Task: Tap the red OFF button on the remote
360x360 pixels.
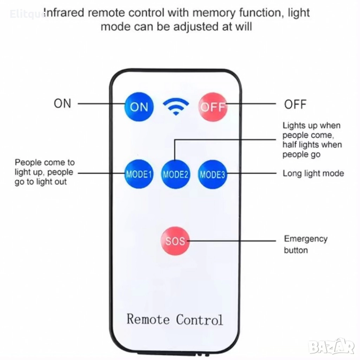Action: pos(213,106)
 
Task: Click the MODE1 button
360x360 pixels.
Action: pos(139,174)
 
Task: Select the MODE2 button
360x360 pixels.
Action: pos(175,174)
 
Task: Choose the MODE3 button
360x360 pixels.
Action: pos(212,174)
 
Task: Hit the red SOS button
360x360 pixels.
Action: pos(175,241)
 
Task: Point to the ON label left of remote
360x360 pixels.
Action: pos(62,104)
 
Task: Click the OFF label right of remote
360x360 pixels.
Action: pos(295,104)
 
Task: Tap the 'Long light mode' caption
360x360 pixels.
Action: pos(313,173)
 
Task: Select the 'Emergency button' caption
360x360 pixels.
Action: pos(305,244)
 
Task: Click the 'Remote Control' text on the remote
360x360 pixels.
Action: pos(175,320)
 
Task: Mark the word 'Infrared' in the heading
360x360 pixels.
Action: pos(64,12)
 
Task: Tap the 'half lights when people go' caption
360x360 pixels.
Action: pos(312,149)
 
